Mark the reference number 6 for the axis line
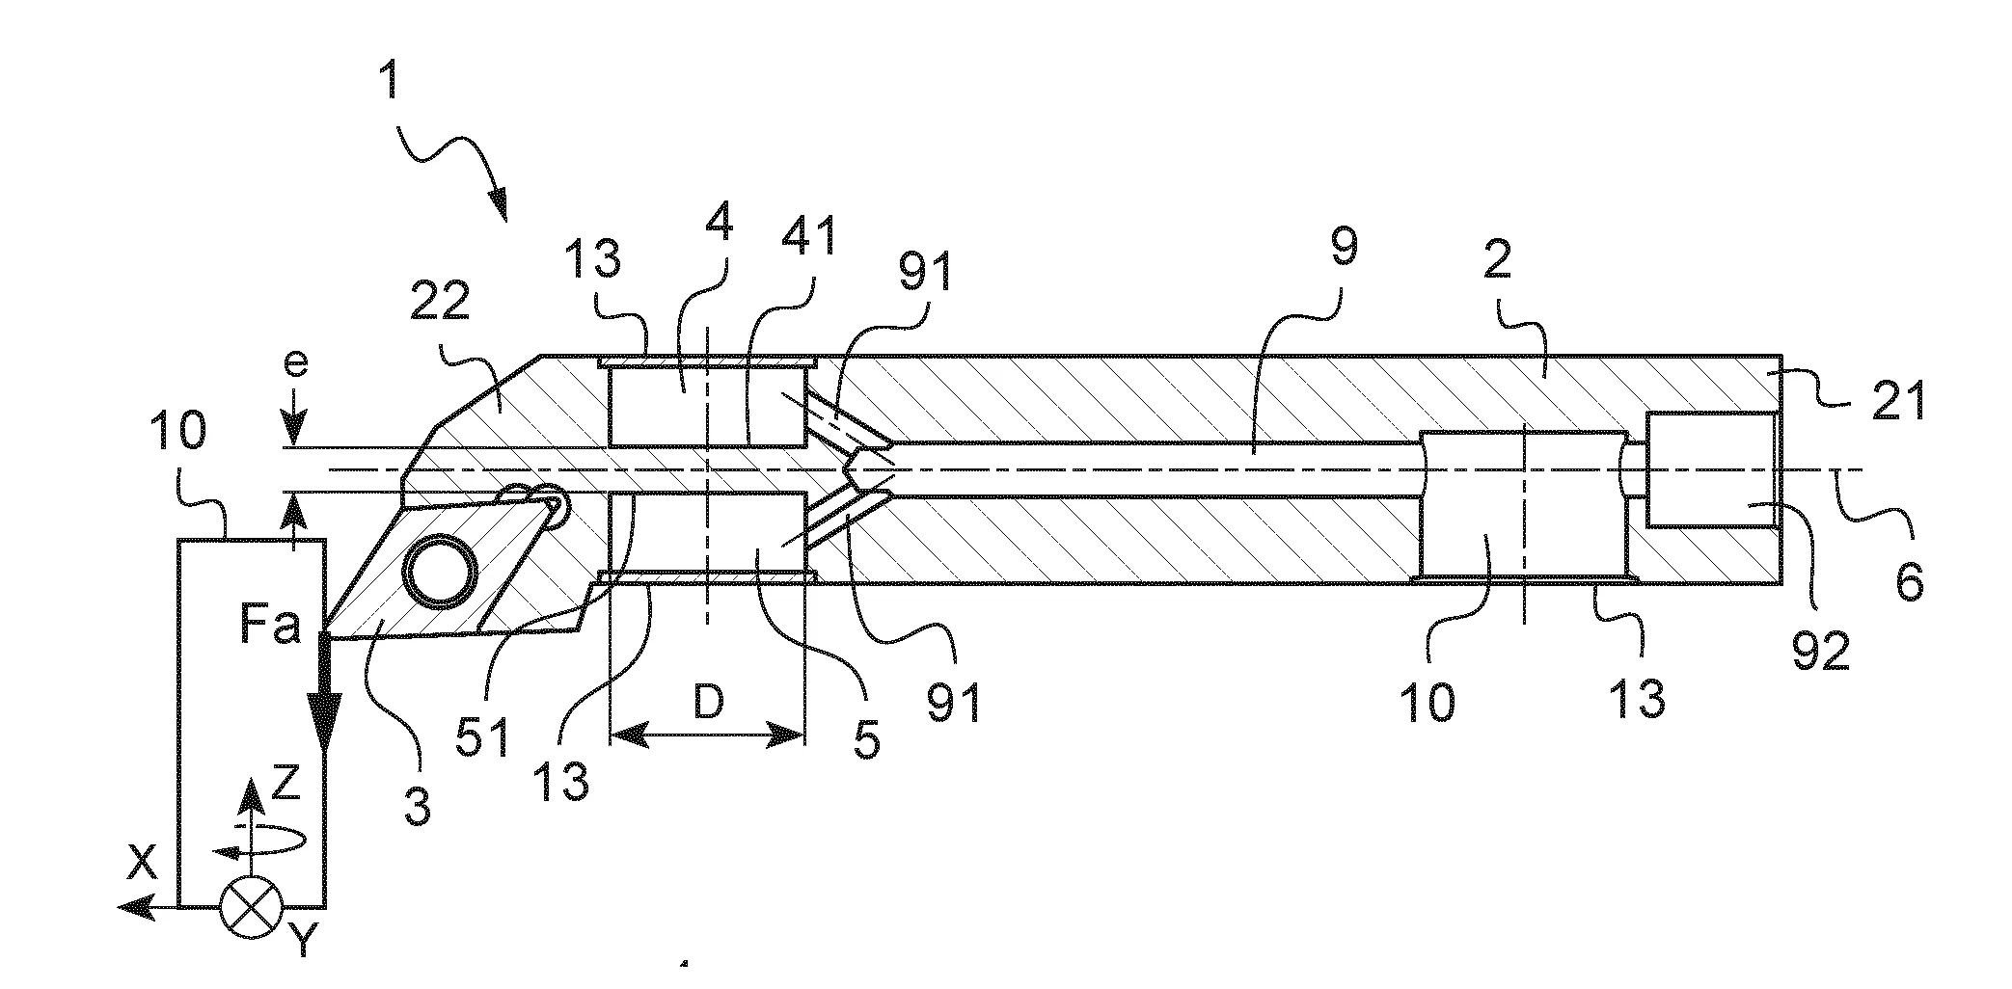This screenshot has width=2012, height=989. tap(1909, 582)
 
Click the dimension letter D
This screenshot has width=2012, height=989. tap(709, 704)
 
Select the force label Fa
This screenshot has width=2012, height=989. tap(269, 627)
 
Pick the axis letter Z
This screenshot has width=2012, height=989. tap(285, 786)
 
